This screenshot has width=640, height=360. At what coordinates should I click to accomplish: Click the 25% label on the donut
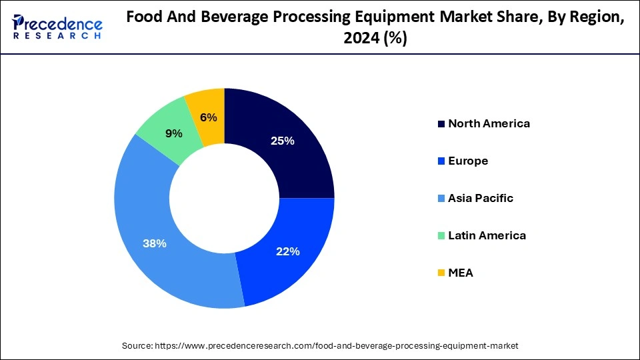coord(282,141)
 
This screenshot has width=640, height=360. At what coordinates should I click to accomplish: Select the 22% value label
coord(288,251)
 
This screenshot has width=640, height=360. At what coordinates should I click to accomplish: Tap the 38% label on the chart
coord(155,243)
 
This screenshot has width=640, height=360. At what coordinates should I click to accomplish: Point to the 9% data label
coord(174,133)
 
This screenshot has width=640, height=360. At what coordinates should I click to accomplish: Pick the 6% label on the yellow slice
coord(208,117)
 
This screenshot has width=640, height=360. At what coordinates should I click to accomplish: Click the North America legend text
coord(489,123)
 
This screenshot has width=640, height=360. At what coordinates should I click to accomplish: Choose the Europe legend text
coord(468,161)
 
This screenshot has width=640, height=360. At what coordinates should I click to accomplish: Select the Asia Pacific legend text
coord(481,198)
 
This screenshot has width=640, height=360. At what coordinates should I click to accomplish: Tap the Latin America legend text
coord(487,235)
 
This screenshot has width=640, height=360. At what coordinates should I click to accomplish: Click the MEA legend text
coord(461,273)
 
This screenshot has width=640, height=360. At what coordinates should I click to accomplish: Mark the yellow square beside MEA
coord(441,273)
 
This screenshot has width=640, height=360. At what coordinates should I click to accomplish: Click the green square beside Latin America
coord(441,236)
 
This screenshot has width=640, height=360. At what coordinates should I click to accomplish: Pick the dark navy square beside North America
coord(441,124)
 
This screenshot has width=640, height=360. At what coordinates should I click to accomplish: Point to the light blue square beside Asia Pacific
coord(441,199)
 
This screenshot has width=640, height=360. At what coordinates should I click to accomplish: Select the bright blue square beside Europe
coord(441,161)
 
